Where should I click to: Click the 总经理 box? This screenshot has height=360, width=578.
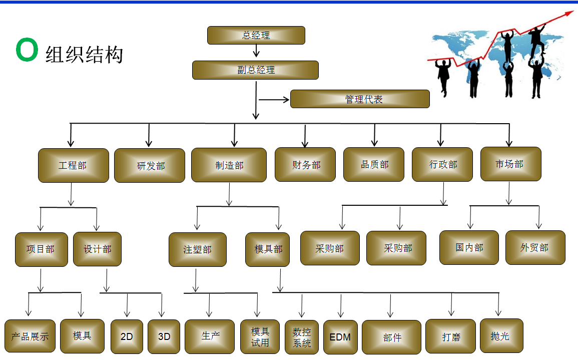coord(256,36)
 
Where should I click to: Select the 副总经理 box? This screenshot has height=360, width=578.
coord(255,70)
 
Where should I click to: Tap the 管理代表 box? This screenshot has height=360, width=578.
coord(360,99)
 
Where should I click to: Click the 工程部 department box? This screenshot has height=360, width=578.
coord(73,165)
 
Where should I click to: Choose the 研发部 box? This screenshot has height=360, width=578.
coord(150,166)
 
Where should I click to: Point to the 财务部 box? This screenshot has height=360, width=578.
coord(305,164)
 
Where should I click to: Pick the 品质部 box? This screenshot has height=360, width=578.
coord(373,164)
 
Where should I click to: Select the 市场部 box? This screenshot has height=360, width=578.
coord(510,164)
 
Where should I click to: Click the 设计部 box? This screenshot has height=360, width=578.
coord(97,249)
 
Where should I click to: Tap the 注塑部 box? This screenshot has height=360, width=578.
coord(198,249)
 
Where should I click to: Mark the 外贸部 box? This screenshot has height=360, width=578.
coord(535,247)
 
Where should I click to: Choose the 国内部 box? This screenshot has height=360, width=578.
coord(469,247)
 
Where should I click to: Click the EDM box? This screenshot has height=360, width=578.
coord(340,337)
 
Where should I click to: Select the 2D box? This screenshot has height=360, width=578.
coord(127,336)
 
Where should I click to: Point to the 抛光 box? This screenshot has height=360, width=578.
coord(501,335)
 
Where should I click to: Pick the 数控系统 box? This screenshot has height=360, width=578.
coord(302,337)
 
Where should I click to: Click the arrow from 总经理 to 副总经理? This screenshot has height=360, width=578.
coord(256,51)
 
